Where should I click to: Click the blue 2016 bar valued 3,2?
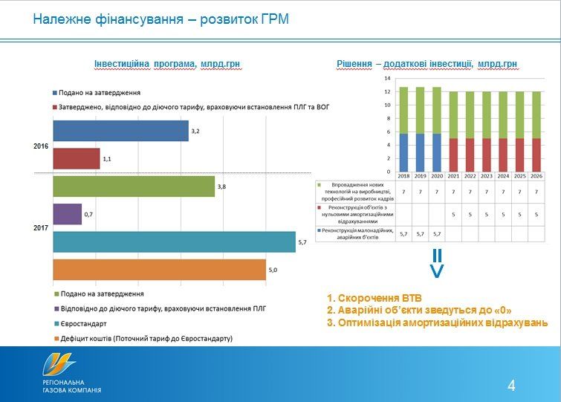point(120,131)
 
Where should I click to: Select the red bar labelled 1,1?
point(76,158)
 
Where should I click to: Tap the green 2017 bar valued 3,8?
point(133,187)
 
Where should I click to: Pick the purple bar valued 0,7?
point(67,214)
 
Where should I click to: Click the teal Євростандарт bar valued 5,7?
point(174,242)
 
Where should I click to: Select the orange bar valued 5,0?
point(159,270)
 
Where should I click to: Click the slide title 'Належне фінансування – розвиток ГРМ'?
point(160,19)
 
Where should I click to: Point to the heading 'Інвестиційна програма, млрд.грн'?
point(167,65)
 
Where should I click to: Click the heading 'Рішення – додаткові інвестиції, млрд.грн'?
point(427,65)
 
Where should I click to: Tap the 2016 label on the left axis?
point(41,146)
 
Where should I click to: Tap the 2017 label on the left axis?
point(41,227)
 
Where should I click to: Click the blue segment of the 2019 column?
point(421,153)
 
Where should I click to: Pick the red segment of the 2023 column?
point(487,155)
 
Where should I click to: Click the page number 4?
point(511,385)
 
